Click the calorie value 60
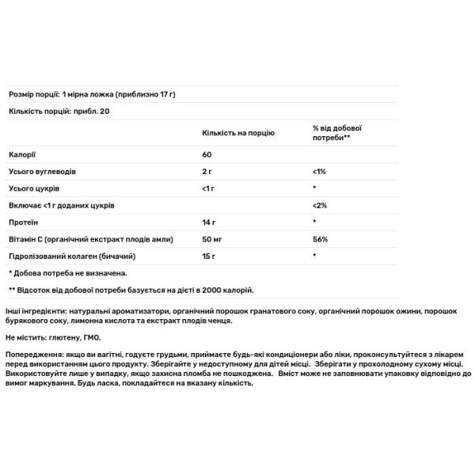coord(207,154)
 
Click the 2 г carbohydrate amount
coord(207,171)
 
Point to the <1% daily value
coord(319,171)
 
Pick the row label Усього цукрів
coord(34,188)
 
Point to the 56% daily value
coord(320,239)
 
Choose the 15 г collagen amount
coord(209,256)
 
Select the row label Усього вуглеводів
coord(42,171)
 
